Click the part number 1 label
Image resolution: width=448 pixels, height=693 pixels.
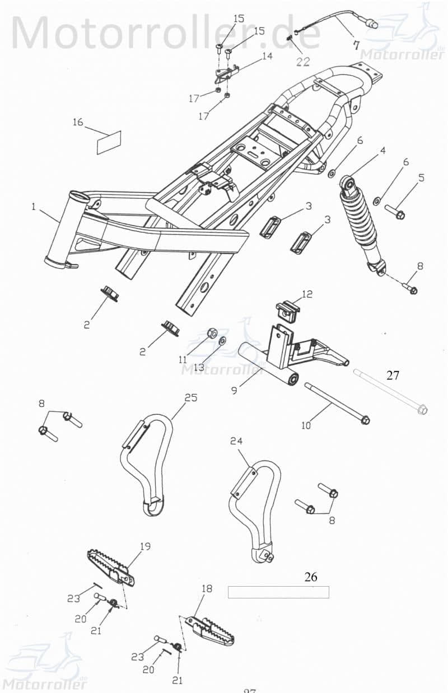click(33, 207)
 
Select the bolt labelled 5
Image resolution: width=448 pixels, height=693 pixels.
click(394, 211)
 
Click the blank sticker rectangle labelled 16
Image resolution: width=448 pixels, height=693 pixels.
click(109, 142)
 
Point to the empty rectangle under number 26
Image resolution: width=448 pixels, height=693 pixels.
click(278, 592)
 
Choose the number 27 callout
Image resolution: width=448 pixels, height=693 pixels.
click(393, 375)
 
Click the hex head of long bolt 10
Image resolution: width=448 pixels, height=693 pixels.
click(365, 419)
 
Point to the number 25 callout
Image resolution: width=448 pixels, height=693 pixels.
click(191, 398)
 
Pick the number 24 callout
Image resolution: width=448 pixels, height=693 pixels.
click(237, 441)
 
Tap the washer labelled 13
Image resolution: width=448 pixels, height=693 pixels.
click(222, 340)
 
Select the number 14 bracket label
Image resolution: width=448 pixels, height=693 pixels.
click(267, 56)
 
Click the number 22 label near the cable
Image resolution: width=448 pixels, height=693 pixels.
click(302, 62)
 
